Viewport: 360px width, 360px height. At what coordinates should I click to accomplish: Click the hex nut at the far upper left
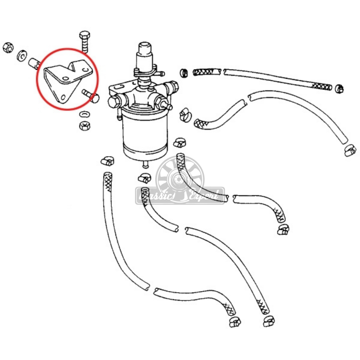coord(7,47)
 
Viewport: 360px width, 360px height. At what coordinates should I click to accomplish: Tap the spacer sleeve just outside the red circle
coord(34,63)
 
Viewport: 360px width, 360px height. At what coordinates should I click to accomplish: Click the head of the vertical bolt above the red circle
coord(84,36)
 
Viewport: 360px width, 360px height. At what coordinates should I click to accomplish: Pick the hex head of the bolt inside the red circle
coord(94,98)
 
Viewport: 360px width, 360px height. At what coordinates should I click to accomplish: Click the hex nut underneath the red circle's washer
coord(84,125)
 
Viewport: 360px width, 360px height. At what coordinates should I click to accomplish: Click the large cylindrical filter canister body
coord(143,133)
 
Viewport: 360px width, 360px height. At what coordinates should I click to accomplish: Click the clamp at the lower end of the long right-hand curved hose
coord(350,150)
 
